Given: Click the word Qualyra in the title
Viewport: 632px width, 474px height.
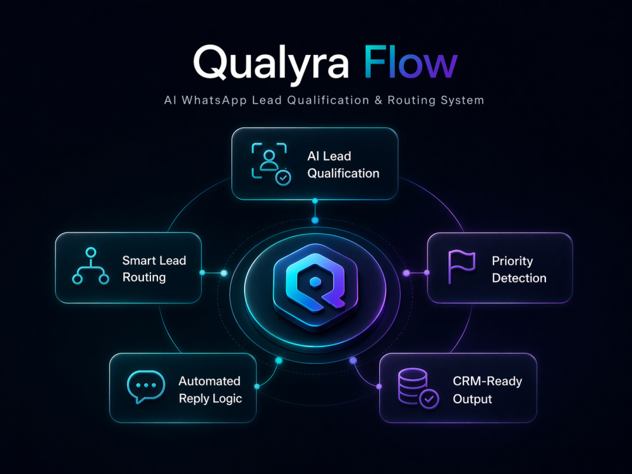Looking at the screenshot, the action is click(x=271, y=64).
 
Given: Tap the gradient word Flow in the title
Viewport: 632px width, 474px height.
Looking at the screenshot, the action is click(x=411, y=62).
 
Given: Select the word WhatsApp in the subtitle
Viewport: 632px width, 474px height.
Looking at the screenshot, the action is click(x=214, y=100).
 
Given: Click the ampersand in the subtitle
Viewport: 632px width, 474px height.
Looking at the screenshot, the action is click(x=378, y=100).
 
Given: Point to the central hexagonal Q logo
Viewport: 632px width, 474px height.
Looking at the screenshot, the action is click(x=315, y=288).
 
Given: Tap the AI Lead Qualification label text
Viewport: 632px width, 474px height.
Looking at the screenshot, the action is click(x=343, y=164).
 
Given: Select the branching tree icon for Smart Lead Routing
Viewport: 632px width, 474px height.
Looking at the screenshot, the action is click(x=90, y=266).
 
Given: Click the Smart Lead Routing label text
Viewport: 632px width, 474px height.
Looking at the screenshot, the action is click(x=154, y=269).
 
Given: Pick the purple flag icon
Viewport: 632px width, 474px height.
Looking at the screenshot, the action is click(x=461, y=267).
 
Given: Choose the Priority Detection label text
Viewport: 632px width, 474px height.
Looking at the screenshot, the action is click(x=519, y=269).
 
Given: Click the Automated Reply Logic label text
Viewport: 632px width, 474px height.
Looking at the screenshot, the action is click(x=210, y=389).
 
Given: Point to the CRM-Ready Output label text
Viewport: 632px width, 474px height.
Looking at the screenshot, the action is click(x=487, y=390).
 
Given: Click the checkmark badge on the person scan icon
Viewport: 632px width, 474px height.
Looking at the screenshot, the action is click(x=283, y=178).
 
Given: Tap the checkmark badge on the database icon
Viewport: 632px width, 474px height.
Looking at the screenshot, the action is click(x=429, y=399).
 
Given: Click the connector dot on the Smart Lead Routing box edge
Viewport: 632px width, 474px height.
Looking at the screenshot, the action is click(x=202, y=273).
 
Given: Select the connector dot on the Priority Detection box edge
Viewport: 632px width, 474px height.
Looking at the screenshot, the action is click(x=427, y=273).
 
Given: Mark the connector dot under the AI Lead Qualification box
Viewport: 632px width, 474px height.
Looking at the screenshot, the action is click(x=315, y=201).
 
